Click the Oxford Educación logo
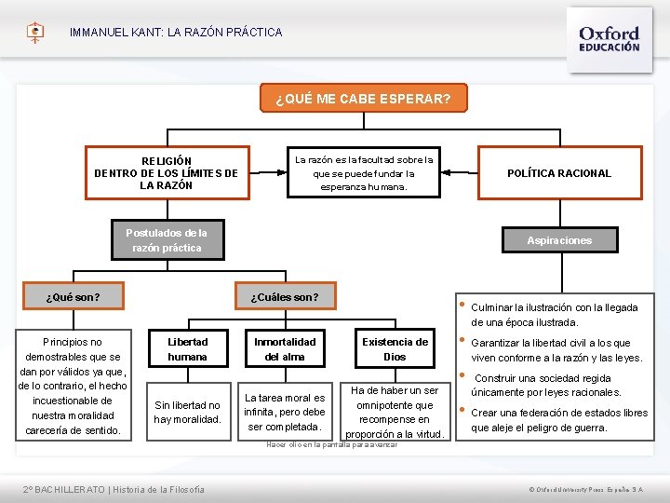(x=609, y=37)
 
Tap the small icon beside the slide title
(x=35, y=33)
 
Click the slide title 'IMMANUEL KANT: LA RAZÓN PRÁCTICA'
(x=176, y=33)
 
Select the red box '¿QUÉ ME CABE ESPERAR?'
(x=363, y=99)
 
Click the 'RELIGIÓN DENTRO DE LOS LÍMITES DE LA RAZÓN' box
(x=167, y=173)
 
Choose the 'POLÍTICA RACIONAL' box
(x=558, y=173)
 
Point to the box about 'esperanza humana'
(x=363, y=173)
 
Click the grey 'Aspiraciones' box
(x=558, y=240)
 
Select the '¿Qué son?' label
(x=74, y=298)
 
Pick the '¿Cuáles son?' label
(x=285, y=298)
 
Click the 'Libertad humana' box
(x=188, y=349)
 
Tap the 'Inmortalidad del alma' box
(x=285, y=349)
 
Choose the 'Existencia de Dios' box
(x=395, y=349)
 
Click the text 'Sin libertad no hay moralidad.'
(x=188, y=412)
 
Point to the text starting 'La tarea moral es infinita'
(x=285, y=412)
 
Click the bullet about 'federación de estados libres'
(x=558, y=420)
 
